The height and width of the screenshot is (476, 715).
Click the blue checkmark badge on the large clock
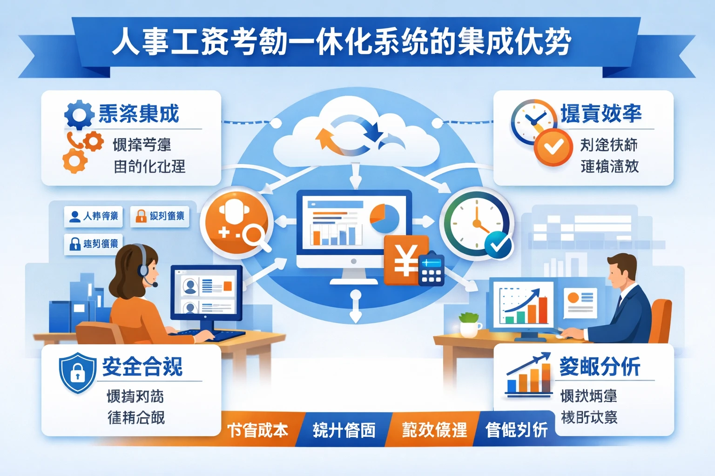pos(498,245)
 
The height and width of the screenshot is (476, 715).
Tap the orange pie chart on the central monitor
pos(384,218)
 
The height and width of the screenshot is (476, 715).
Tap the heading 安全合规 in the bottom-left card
pos(142,367)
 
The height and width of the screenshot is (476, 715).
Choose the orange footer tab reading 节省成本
pos(257,430)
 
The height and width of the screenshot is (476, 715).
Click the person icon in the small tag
pos(74,217)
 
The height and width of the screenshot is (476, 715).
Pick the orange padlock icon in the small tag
pos(141,216)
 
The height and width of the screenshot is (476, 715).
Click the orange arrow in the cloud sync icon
pos(328,139)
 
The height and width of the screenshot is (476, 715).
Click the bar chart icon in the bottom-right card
pos(528,377)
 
